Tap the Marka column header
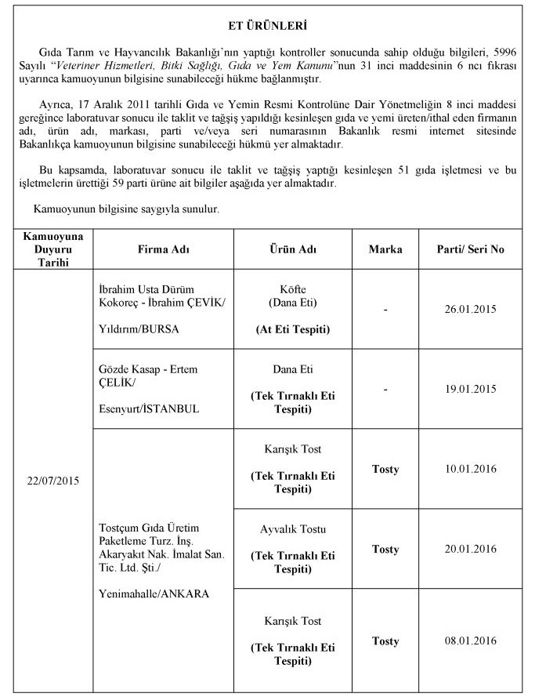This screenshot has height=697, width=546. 385,249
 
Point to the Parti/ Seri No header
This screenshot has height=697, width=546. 470,249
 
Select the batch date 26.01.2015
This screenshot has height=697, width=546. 470,310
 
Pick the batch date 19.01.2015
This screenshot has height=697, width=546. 470,388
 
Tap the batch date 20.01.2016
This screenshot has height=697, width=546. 470,548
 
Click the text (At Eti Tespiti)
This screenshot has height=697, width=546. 292,329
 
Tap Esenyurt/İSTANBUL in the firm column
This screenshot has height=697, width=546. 143,408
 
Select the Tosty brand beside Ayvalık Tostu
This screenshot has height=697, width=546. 385,548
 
